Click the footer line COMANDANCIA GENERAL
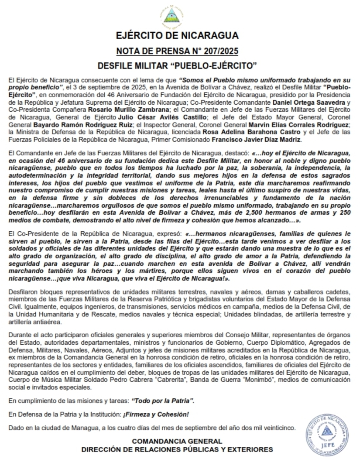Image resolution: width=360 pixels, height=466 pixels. pyautogui.click(x=177, y=441)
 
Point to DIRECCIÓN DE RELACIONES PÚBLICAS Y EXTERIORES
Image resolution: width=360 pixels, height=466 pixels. pyautogui.click(x=177, y=449)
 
